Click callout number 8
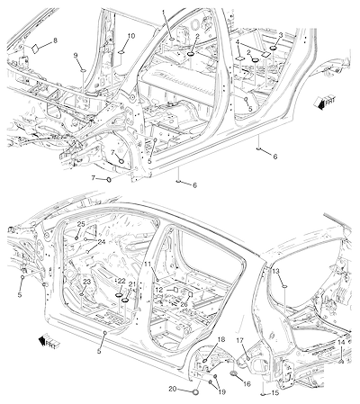pyautogui.click(x=55, y=40)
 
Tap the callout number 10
pyautogui.click(x=131, y=36)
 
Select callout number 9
pyautogui.click(x=76, y=55)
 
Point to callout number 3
pyautogui.click(x=281, y=35)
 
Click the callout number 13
pyautogui.click(x=275, y=271)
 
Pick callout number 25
pyautogui.click(x=81, y=224)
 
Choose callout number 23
pyautogui.click(x=86, y=282)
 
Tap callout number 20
pyautogui.click(x=173, y=389)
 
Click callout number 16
pyautogui.click(x=247, y=384)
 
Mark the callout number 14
pyautogui.click(x=341, y=342)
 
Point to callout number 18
pyautogui.click(x=221, y=339)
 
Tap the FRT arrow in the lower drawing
pyautogui.click(x=49, y=342)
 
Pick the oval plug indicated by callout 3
pyautogui.click(x=274, y=48)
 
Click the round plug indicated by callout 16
pyautogui.click(x=233, y=373)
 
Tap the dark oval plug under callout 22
pyautogui.click(x=120, y=296)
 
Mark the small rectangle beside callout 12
pyautogui.click(x=176, y=290)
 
